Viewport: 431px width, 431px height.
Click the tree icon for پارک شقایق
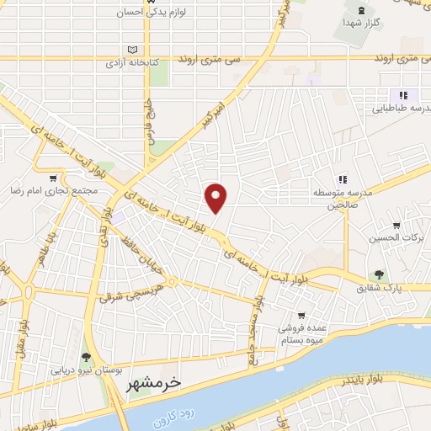click(x=380, y=274)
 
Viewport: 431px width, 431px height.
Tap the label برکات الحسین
click(x=394, y=238)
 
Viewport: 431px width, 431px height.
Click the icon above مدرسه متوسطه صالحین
click(x=343, y=178)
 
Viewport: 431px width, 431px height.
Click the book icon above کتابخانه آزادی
click(x=130, y=49)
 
